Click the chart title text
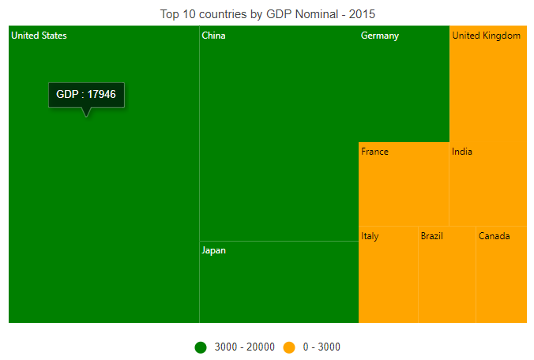268,14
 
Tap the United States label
39,36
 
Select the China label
213,36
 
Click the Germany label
380,36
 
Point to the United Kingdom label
486,36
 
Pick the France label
374,152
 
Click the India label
462,152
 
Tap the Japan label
213,251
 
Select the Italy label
370,236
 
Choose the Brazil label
432,236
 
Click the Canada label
495,236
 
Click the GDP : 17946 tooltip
87,95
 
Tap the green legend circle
201,347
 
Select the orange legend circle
289,347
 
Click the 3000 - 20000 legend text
245,347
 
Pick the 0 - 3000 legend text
322,347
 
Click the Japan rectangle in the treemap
279,282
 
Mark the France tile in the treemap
404,184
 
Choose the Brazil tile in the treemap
447,275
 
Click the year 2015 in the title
362,14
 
